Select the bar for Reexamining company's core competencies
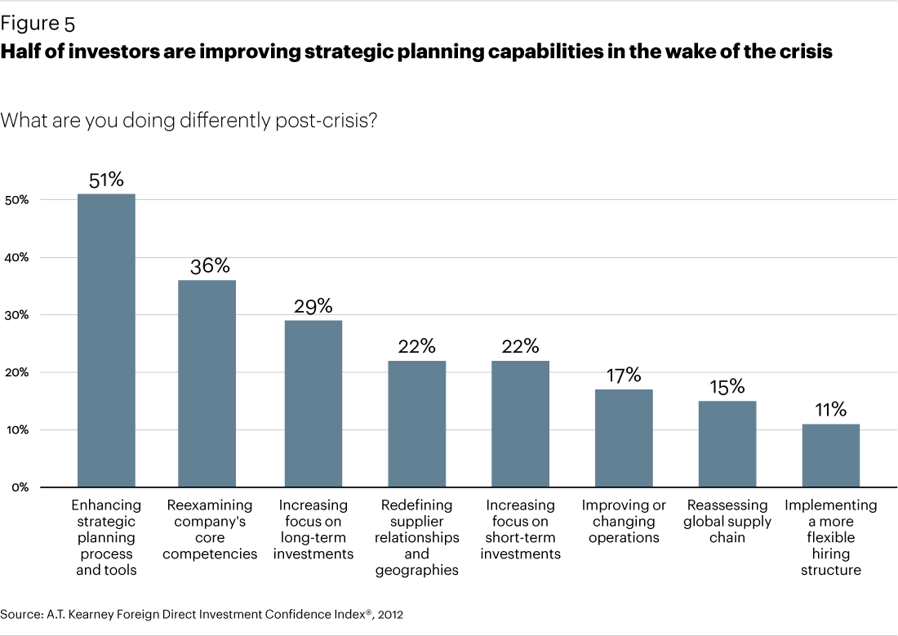(207, 384)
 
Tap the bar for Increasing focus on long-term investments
(313, 403)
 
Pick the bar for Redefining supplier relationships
(416, 424)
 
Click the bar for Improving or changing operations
(624, 438)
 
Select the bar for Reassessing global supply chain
(727, 444)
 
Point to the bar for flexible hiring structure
(831, 456)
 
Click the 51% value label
(106, 180)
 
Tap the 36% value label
(210, 266)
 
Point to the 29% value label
(313, 306)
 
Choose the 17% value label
(624, 376)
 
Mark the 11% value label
(831, 410)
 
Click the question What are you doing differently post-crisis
(189, 120)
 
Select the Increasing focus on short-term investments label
(520, 530)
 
